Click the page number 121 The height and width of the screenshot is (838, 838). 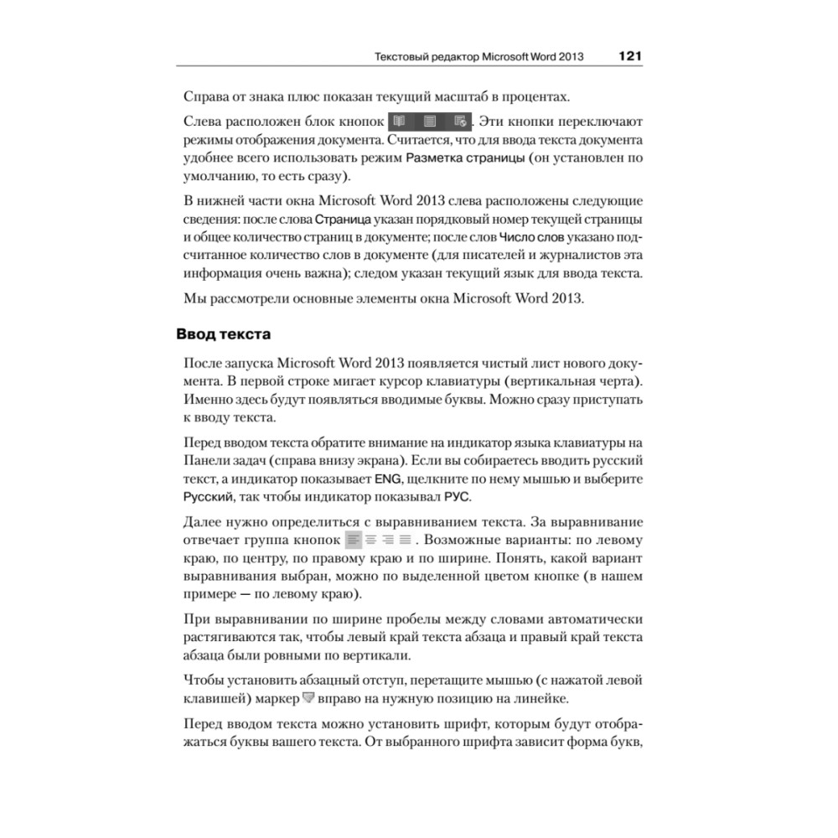click(x=629, y=57)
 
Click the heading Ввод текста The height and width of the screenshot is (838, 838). click(x=223, y=334)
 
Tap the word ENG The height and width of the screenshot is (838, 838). click(x=387, y=478)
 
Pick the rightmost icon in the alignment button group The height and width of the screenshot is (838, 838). click(x=406, y=540)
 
